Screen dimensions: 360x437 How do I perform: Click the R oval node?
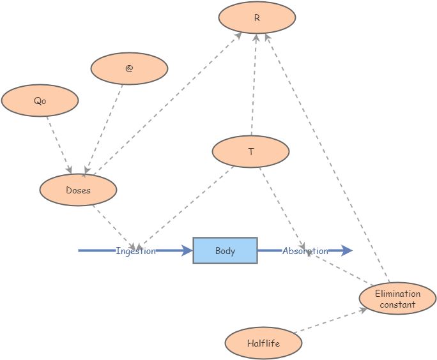257,18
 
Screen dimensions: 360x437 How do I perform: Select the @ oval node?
129,68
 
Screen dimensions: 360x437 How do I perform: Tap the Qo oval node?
40,101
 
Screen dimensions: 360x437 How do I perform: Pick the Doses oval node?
78,190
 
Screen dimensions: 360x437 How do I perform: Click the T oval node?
250,152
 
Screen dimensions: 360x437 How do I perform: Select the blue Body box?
225,251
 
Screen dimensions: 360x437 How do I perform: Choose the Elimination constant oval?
397,299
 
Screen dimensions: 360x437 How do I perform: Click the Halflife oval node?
263,343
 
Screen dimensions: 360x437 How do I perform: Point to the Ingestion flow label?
135,251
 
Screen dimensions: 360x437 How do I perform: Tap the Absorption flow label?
305,251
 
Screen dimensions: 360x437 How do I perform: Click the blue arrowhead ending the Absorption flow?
346,251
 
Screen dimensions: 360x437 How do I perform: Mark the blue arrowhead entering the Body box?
187,251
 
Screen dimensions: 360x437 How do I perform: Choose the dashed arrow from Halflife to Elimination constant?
330,321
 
